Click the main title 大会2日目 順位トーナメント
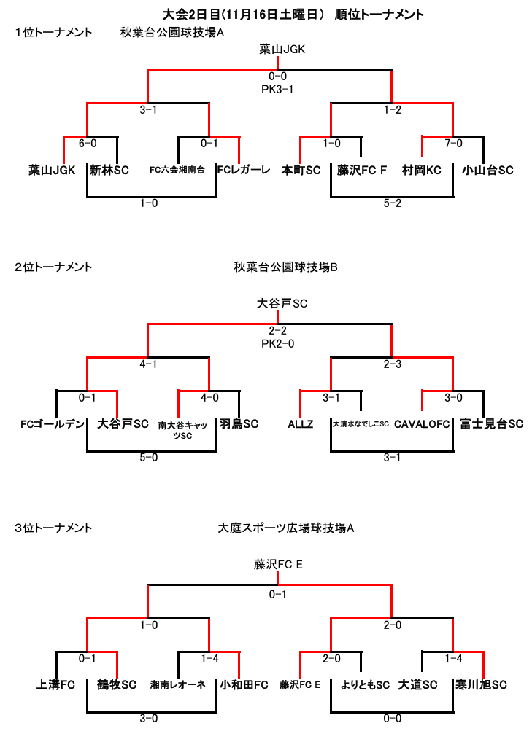click(293, 15)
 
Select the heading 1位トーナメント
click(53, 33)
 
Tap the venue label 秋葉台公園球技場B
click(285, 267)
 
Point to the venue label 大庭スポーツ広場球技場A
click(285, 528)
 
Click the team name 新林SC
click(109, 170)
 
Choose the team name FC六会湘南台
click(177, 170)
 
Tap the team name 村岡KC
click(421, 170)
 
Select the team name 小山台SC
click(487, 170)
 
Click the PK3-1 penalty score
click(277, 89)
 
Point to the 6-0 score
click(88, 143)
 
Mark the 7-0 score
click(453, 143)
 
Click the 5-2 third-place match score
click(392, 203)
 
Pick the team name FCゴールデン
click(53, 424)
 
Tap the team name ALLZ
click(301, 424)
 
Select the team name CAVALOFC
click(422, 424)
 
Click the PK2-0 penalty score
click(277, 343)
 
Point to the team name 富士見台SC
click(491, 423)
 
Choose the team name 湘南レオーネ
click(178, 684)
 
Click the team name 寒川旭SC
click(481, 684)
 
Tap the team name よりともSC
click(365, 684)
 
